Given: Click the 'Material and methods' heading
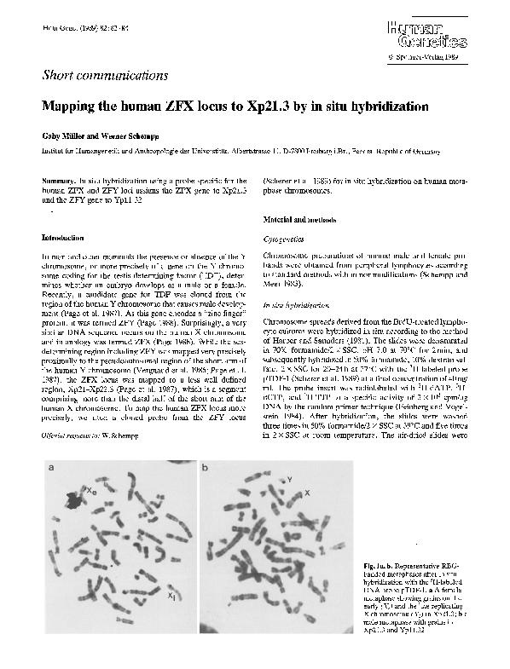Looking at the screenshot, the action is click(299, 220).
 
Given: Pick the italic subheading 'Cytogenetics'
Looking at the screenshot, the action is click(288, 240).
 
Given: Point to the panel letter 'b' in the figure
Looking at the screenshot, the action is click(205, 468).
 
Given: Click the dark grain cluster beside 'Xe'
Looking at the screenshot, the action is click(75, 502).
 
